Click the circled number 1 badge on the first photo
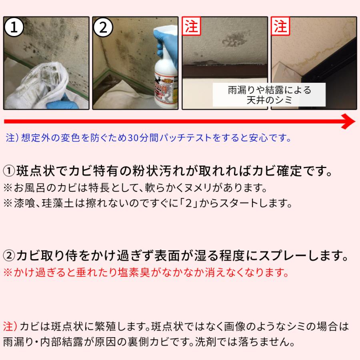pos(14,27)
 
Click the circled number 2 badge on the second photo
pos(103,27)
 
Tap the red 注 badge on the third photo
pos(191,26)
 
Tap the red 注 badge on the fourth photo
pos(280,26)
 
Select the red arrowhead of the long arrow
pos(348,121)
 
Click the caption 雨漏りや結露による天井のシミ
pos(269,95)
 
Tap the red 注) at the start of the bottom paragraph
pos(10,326)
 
